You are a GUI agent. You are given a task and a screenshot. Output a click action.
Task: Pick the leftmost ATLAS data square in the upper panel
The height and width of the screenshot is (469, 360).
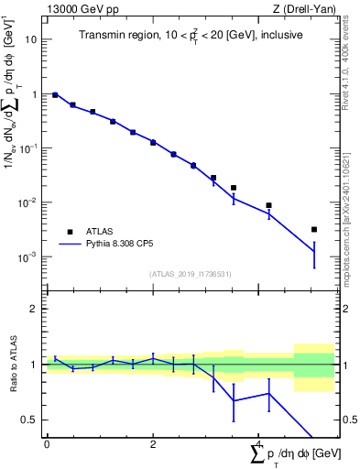55,95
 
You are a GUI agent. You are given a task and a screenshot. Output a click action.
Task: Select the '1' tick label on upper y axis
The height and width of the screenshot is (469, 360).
34,94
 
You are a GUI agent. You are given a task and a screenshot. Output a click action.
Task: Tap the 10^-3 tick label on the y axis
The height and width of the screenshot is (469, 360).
27,256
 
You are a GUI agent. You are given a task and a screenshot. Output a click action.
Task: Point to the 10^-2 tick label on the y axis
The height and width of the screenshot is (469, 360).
27,202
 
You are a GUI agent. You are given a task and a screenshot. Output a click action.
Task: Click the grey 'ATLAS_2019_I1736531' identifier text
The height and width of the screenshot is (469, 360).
189,274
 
